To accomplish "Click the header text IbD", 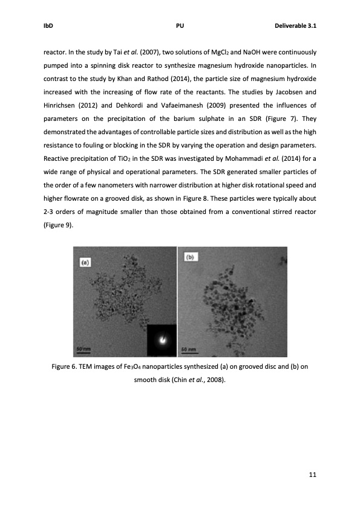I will click(x=48, y=27).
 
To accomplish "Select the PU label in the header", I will click(x=180, y=27).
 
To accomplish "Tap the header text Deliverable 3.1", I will click(x=296, y=27).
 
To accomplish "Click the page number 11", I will click(x=312, y=475).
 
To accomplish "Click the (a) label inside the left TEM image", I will click(x=85, y=263).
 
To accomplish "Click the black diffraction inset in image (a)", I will click(x=162, y=340).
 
